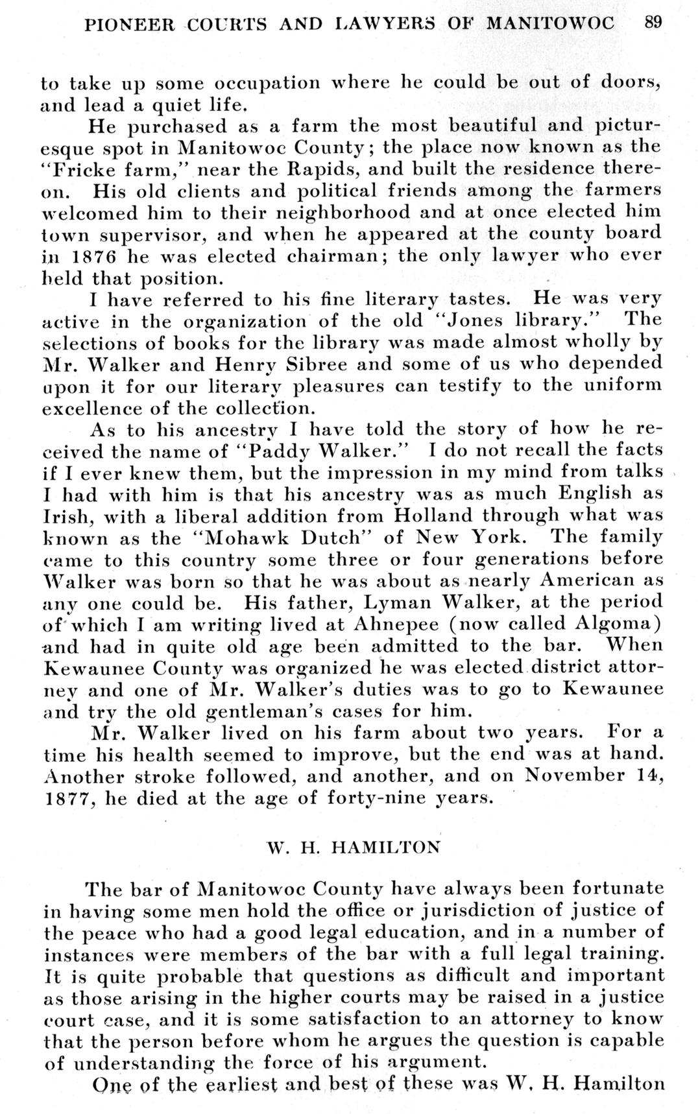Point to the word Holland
(433, 516)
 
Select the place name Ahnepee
(387, 625)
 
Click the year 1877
(67, 798)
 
